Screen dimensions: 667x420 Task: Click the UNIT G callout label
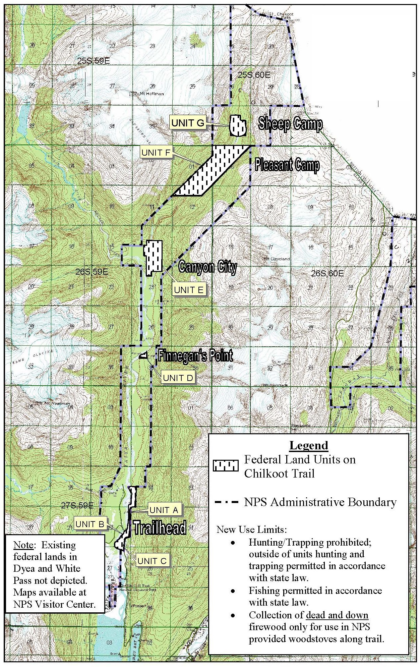point(187,123)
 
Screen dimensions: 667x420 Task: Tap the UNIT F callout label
point(156,153)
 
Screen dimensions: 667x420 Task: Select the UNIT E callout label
point(189,290)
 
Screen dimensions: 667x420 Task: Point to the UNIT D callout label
point(178,378)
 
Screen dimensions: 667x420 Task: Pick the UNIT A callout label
point(164,510)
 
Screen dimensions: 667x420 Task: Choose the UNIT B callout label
point(89,524)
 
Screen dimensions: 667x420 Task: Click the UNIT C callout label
point(152,561)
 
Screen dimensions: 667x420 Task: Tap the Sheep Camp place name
point(290,124)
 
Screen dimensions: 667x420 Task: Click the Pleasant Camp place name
point(287,165)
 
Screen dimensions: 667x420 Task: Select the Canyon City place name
point(208,267)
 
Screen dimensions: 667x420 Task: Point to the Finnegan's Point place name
point(196,355)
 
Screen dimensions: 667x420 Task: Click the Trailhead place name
point(160,528)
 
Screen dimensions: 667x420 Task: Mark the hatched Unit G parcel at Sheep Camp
point(238,126)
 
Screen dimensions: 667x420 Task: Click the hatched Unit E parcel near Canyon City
point(154,257)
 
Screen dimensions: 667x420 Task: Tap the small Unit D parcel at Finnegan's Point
point(143,355)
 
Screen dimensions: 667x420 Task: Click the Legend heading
point(309,445)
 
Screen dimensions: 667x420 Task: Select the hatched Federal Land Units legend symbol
point(226,465)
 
